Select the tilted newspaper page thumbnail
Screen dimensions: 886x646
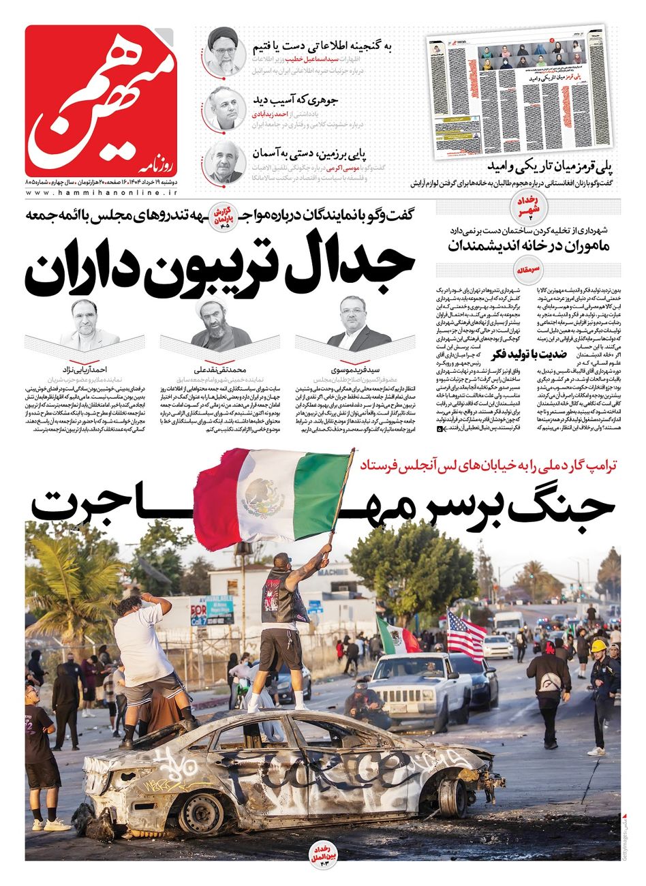coord(518,91)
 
